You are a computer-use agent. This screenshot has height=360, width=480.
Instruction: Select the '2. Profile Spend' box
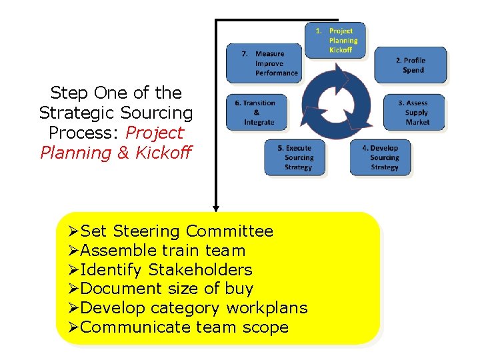pyautogui.click(x=410, y=65)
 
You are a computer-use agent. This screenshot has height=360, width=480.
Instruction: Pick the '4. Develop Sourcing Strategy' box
pyautogui.click(x=381, y=157)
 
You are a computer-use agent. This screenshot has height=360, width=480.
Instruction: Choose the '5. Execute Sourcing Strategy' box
pyautogui.click(x=295, y=157)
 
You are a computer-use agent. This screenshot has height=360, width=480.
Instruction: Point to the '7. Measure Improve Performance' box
pyautogui.click(x=263, y=63)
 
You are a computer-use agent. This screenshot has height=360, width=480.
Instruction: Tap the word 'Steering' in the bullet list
pyautogui.click(x=147, y=231)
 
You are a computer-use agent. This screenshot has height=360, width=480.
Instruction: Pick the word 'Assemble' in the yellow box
pyautogui.click(x=119, y=251)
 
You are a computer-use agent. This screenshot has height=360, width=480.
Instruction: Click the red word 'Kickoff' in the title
pyautogui.click(x=163, y=153)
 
